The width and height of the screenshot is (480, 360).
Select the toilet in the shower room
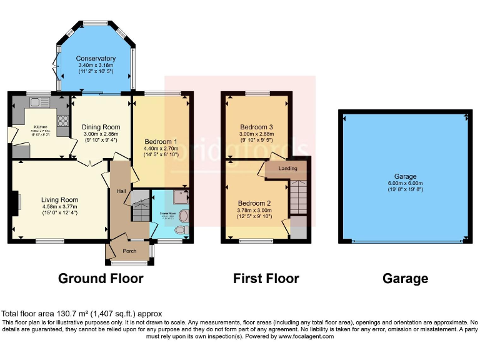[x=181, y=230]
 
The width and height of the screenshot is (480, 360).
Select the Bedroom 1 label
[x=161, y=142]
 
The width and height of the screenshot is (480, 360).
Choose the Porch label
[x=129, y=252]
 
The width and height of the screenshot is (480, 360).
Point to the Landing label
[x=288, y=168]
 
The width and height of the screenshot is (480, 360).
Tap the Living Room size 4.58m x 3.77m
[x=60, y=207]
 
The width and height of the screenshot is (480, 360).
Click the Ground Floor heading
[x=101, y=279]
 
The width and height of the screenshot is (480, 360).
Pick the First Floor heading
[x=266, y=279]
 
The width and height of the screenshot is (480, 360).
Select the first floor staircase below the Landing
[x=299, y=196]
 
